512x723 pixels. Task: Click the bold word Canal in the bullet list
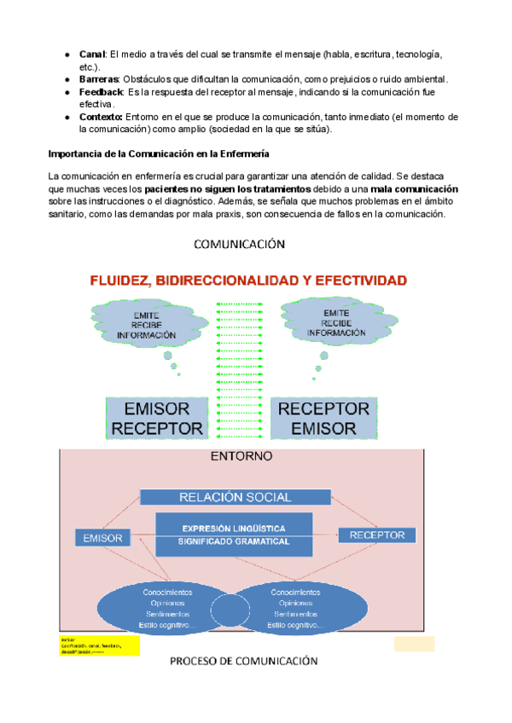91,55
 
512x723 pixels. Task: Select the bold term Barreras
99,79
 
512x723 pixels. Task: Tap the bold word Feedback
102,91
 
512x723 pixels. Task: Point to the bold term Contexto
101,117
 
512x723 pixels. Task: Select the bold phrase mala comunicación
416,188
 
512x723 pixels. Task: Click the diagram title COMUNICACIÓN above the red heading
239,245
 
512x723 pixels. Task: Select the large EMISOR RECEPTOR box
156,418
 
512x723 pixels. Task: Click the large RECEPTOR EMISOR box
324,418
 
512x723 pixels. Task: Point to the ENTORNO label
241,456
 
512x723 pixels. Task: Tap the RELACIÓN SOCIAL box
234,497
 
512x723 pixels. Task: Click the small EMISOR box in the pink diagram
103,538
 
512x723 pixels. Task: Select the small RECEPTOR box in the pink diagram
378,535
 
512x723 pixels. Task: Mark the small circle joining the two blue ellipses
228,608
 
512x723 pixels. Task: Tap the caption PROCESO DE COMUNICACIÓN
243,661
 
